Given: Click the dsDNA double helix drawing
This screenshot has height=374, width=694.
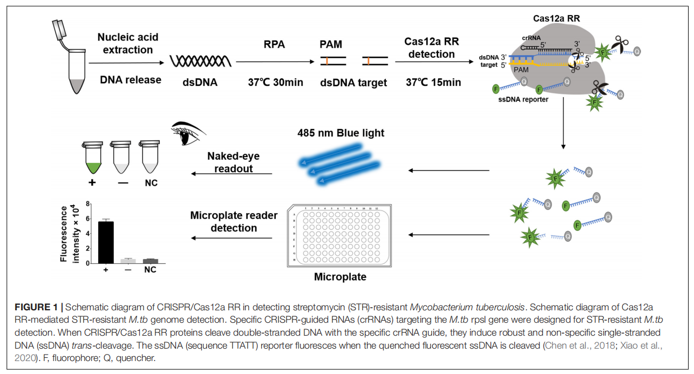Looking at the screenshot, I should (x=201, y=61).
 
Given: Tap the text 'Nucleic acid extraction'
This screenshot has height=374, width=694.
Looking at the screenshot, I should (x=125, y=43).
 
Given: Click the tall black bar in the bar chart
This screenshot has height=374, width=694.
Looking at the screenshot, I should (x=106, y=242).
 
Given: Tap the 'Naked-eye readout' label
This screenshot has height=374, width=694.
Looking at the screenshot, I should (x=233, y=162).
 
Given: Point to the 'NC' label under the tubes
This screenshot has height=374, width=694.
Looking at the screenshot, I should (x=151, y=183).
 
